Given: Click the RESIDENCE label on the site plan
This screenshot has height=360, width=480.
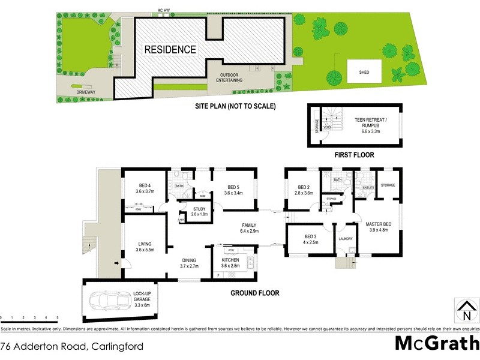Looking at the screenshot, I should [x=170, y=50].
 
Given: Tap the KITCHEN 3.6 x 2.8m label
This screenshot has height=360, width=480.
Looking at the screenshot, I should [x=230, y=263].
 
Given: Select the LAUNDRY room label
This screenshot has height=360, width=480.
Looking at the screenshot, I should [x=344, y=238].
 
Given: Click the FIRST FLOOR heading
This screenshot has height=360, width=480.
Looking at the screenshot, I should [x=354, y=155].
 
